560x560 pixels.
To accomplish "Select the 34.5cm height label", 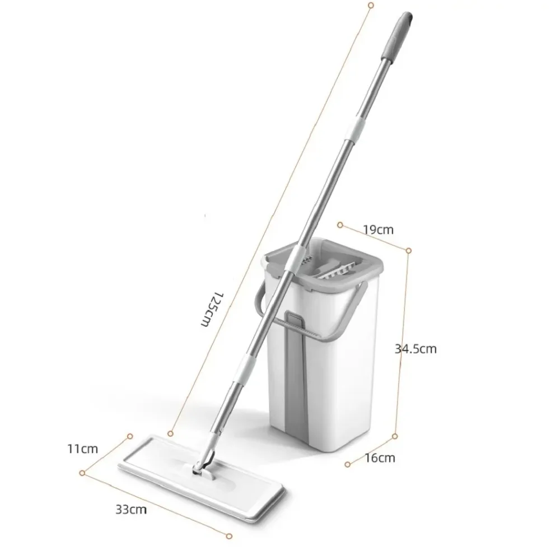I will (415, 349).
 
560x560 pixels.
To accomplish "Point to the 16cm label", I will (380, 458).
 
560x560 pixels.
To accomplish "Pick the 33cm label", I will (128, 510).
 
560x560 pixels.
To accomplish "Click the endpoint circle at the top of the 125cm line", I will (370, 5).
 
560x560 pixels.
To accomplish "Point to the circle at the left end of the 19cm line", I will (340, 225).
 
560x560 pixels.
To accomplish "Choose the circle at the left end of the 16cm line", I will (348, 463).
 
